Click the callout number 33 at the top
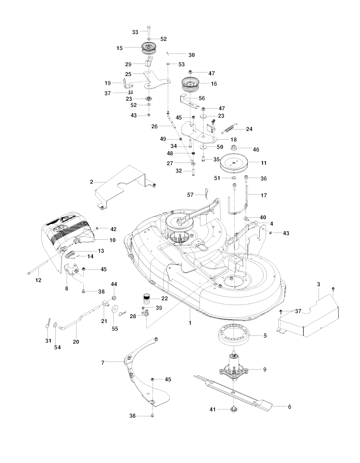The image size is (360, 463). pos(135,32)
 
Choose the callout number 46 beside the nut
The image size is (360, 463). pos(256,150)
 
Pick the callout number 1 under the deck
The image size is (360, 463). pos(190,323)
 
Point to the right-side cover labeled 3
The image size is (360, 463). pos(309,315)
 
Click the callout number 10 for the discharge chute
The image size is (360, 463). pos(112,240)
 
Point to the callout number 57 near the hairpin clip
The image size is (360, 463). pos(190,194)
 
